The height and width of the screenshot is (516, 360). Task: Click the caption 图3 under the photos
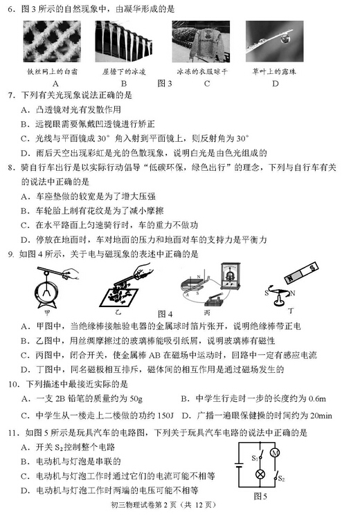point(164,84)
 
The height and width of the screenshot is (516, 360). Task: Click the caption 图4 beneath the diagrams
point(165,314)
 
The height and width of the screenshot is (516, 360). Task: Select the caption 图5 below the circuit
point(260,496)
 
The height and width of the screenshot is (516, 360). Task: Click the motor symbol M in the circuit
point(276,452)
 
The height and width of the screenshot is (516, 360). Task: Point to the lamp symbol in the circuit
point(261,474)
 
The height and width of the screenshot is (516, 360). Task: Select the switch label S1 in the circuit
point(255,457)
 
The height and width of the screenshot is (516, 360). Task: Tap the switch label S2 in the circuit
point(282,479)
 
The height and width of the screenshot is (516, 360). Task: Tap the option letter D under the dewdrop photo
point(275,84)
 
